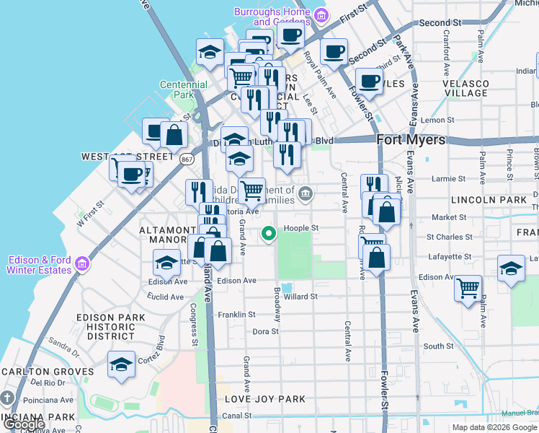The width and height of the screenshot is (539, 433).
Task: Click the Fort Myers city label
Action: (x=411, y=140)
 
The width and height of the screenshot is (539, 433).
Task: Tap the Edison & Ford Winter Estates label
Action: (x=40, y=265)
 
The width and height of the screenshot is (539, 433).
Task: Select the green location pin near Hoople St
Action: (x=269, y=233)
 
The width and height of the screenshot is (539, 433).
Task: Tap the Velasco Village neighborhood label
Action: (x=465, y=89)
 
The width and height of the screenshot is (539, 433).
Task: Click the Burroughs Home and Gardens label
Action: (x=272, y=17)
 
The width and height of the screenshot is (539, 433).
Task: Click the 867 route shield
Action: (x=187, y=159)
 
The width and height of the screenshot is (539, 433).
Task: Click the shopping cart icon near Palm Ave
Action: (x=468, y=288)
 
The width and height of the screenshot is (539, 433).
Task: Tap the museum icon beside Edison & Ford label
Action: (x=83, y=264)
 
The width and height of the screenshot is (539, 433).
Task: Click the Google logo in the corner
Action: (x=24, y=424)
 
